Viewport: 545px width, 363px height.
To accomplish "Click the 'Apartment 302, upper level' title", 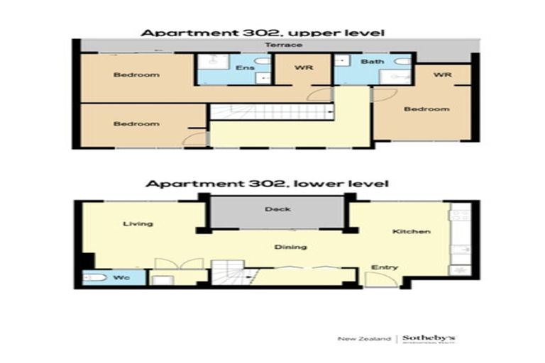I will tap(262, 33).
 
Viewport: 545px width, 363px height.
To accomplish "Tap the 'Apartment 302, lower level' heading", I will tap(267, 184).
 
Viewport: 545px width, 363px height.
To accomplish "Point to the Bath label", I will tap(372, 62).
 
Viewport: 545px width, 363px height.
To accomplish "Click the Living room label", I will tap(138, 224).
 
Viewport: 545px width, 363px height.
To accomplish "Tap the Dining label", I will tap(290, 247).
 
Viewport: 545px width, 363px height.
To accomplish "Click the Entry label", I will tap(384, 267).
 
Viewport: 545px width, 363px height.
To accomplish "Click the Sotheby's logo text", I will tap(429, 339).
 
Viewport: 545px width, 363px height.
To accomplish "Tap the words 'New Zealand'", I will tap(364, 340).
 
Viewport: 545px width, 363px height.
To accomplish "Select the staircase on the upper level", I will tap(270, 112).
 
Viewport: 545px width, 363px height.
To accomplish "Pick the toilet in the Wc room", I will tap(94, 278).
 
